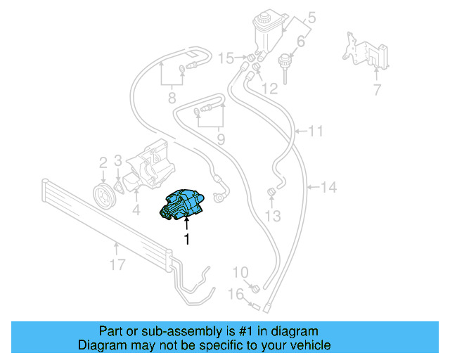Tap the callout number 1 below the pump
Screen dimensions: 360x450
[x=187, y=240]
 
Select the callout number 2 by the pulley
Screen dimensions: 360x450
[x=103, y=162]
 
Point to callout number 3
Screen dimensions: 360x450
[x=119, y=162]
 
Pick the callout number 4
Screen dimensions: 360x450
[x=137, y=210]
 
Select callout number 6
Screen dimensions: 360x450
[x=301, y=42]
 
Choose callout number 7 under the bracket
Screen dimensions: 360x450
[x=376, y=89]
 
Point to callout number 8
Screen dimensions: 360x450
[x=172, y=98]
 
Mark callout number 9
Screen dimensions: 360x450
[x=221, y=139]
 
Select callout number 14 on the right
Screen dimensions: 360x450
[x=329, y=187]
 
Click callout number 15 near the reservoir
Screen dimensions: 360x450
[x=226, y=57]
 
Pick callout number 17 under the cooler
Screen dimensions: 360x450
[x=117, y=264]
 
